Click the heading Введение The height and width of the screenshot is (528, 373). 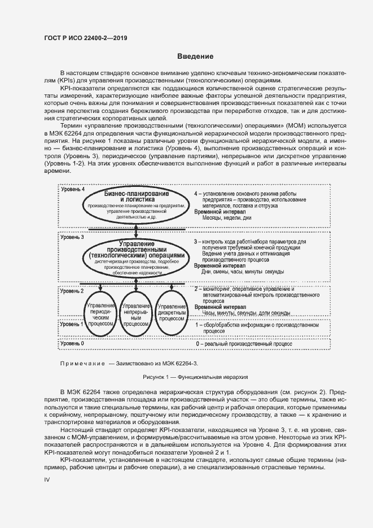click(195, 56)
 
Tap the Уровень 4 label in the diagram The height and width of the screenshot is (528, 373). click(73, 190)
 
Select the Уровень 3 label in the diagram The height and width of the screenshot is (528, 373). click(73, 238)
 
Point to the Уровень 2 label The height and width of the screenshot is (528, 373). click(73, 291)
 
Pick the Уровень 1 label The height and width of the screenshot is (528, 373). click(73, 325)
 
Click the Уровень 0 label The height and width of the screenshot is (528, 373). click(73, 343)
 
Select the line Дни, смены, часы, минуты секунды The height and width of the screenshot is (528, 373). click(243, 272)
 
